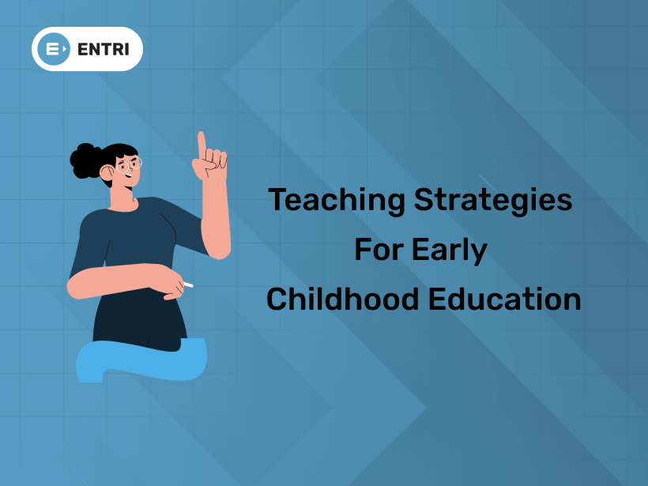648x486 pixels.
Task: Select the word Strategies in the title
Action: point(493,200)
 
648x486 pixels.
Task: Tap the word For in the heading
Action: point(378,250)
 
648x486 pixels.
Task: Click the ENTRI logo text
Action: point(105,49)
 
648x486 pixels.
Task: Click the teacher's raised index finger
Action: point(202,143)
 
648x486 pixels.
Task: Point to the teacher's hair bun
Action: point(83,160)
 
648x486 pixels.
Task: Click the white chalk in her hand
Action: point(187,284)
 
